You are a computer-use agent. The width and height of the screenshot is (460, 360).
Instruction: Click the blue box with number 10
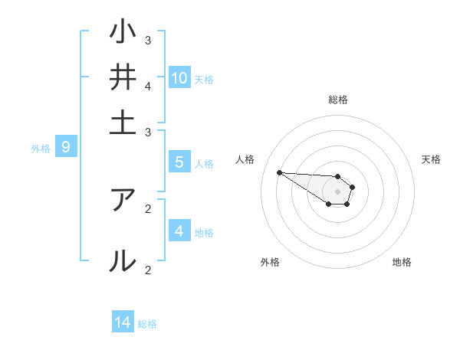point(179,77)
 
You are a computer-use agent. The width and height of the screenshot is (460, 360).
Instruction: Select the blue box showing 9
point(66,146)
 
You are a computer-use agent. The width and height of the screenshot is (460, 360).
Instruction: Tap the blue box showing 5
point(179,162)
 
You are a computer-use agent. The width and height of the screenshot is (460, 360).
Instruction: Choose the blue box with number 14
point(123,322)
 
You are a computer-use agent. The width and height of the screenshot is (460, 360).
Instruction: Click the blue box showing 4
point(179,231)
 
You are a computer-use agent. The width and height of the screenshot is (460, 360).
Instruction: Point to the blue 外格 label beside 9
point(41,148)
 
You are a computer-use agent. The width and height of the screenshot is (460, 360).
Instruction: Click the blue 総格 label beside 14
point(147,324)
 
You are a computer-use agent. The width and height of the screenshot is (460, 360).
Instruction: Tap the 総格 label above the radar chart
point(338,100)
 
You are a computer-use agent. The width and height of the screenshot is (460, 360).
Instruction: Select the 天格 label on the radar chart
point(431,159)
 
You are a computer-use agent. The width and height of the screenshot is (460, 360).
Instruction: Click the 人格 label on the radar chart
point(245,159)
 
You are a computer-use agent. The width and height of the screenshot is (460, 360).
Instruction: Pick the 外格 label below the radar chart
point(270,262)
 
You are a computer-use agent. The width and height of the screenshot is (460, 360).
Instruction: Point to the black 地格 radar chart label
point(402,262)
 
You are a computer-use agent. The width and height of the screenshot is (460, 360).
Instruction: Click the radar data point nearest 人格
point(279,172)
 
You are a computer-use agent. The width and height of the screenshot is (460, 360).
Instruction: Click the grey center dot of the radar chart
point(337,191)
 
